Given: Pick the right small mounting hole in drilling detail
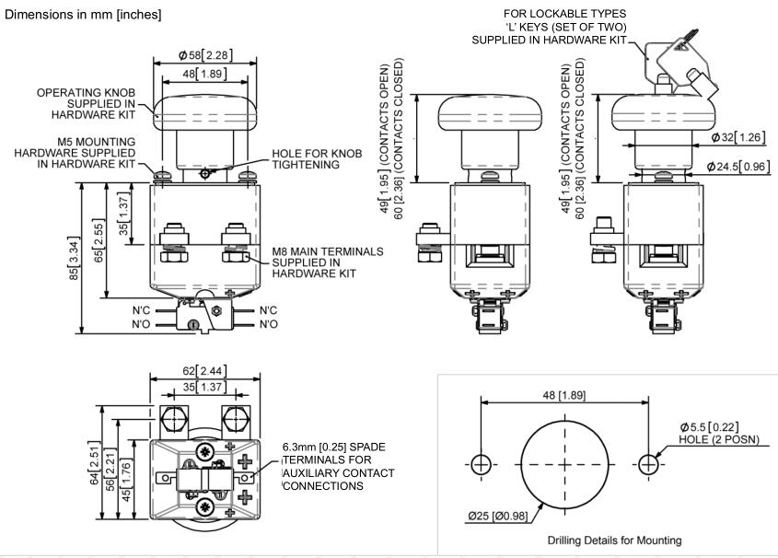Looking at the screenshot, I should (x=649, y=464).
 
